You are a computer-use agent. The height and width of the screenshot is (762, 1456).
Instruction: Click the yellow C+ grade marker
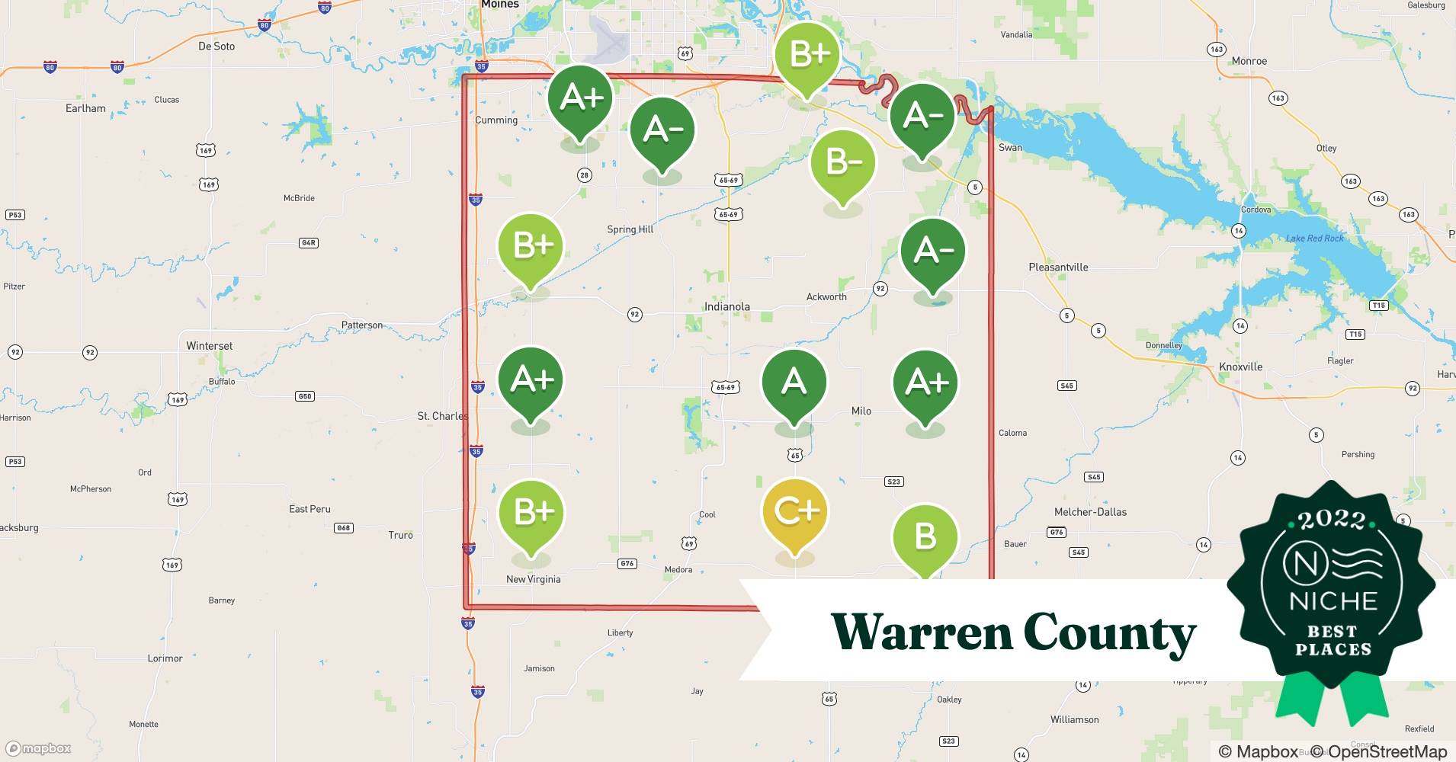(x=795, y=511)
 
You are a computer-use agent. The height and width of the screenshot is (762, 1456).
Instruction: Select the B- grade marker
(x=842, y=162)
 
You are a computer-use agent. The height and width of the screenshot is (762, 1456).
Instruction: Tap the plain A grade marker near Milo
(x=794, y=381)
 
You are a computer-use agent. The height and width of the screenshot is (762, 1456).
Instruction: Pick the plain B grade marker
(x=925, y=536)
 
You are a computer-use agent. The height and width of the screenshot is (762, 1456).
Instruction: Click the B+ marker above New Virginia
(x=531, y=512)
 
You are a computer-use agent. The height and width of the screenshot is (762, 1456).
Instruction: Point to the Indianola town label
(x=726, y=306)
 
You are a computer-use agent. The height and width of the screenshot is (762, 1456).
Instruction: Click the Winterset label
(x=210, y=345)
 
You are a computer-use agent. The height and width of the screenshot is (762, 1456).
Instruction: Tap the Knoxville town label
(x=1240, y=367)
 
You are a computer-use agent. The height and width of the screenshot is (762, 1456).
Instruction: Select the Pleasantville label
(x=1058, y=267)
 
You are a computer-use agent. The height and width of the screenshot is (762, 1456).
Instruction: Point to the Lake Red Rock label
(x=1315, y=238)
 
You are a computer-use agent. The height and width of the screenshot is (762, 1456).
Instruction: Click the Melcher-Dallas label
(x=1090, y=512)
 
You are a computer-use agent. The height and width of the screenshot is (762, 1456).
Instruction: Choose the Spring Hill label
(x=630, y=229)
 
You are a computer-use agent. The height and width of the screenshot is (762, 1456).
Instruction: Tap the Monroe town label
(x=1249, y=61)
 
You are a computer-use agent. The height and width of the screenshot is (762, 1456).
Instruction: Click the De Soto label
(x=216, y=46)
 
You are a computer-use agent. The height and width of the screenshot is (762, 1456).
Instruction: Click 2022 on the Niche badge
(x=1332, y=520)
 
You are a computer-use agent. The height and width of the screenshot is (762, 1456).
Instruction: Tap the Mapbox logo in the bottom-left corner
(x=39, y=748)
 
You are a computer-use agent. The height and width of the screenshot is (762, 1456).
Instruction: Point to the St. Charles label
(x=442, y=416)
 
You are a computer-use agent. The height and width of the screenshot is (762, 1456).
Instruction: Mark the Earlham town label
(x=85, y=108)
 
